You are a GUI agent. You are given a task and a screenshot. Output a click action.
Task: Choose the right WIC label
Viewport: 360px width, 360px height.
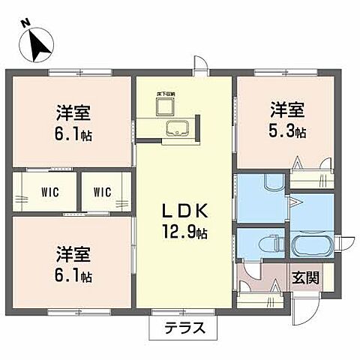click(103, 192)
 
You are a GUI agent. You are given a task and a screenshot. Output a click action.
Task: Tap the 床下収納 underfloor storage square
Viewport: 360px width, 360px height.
click(165, 104)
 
